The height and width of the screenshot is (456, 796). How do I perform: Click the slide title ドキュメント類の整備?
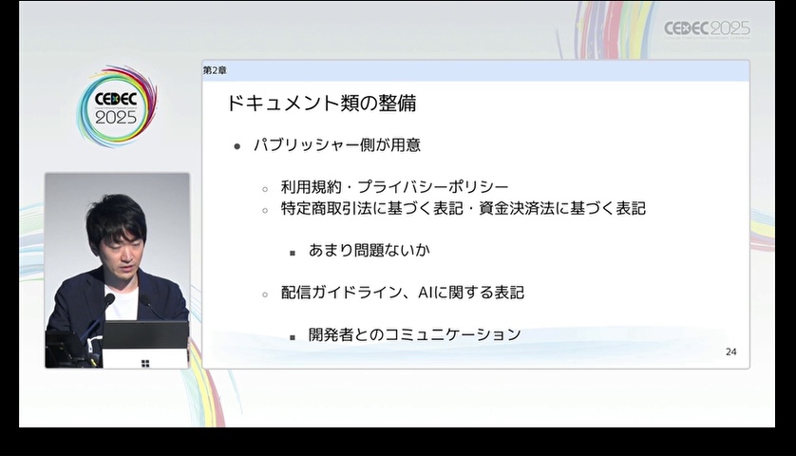[321, 104]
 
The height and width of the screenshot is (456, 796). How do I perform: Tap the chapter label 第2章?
[215, 70]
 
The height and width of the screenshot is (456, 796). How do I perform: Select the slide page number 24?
[731, 351]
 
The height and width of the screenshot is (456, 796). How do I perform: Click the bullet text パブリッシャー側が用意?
[337, 145]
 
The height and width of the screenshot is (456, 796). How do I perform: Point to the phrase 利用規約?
[312, 187]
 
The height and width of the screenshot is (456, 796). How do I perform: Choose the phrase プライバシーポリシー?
[433, 187]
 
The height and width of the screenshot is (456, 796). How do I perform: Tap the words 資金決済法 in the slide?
[517, 208]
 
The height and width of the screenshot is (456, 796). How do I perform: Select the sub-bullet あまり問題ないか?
[370, 250]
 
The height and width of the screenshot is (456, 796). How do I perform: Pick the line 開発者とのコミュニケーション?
[415, 334]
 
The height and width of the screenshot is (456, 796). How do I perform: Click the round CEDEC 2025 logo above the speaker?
[117, 106]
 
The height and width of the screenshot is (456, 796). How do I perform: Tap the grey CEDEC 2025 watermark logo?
[707, 28]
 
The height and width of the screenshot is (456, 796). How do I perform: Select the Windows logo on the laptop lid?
[145, 363]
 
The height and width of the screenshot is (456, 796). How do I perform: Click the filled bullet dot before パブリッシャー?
[237, 146]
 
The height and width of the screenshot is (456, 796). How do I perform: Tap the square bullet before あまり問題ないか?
[293, 253]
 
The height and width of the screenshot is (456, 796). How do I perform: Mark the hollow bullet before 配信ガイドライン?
[265, 294]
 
